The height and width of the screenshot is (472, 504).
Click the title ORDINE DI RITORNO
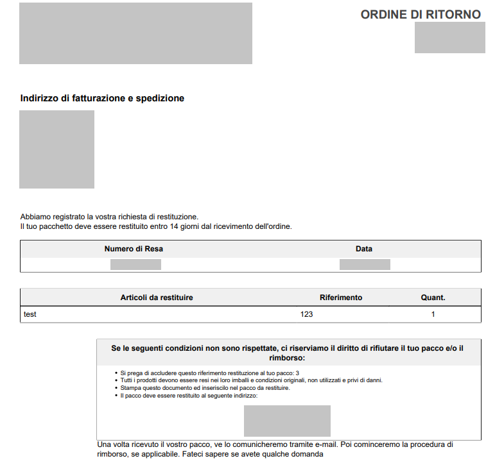[421, 15]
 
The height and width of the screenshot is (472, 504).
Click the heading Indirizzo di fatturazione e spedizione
[102, 98]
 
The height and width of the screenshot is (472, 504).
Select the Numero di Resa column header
[138, 249]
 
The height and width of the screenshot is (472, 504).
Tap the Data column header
[364, 249]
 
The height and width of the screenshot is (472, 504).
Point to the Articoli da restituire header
[157, 298]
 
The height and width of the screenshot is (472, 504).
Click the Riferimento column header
[341, 298]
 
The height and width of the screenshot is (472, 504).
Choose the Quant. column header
[433, 298]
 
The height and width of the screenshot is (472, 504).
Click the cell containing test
[30, 314]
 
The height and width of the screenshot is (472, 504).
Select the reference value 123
[306, 314]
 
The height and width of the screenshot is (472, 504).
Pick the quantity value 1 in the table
[433, 314]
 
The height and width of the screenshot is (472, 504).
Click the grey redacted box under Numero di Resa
[135, 264]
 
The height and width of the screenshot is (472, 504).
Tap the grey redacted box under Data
[365, 264]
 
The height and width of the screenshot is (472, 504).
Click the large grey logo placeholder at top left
[135, 33]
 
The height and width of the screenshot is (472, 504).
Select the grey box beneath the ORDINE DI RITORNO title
[449, 37]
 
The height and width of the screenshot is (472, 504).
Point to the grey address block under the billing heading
[56, 149]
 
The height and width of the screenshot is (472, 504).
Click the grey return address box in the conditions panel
[287, 421]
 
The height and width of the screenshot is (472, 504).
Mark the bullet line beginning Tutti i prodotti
[251, 380]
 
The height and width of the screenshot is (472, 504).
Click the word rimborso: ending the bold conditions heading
[288, 358]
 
